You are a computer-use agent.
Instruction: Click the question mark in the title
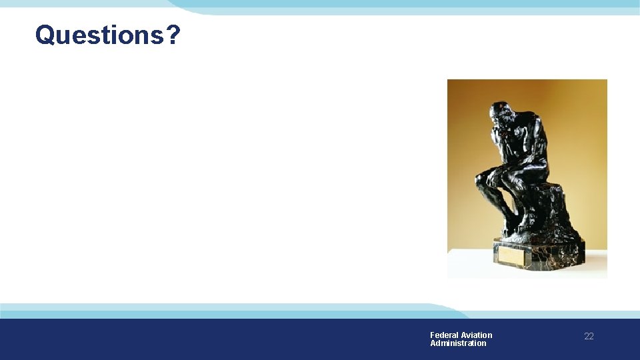tap(173, 35)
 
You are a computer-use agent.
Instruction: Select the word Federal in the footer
tap(443, 335)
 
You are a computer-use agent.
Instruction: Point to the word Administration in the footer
tap(458, 343)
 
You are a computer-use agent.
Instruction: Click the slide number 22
tap(589, 337)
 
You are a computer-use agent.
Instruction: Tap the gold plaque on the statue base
tap(512, 255)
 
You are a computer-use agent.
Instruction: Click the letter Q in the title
tap(45, 35)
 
